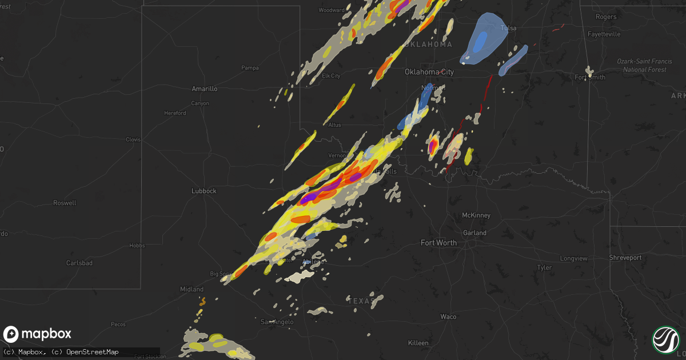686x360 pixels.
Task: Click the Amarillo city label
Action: click(x=204, y=89)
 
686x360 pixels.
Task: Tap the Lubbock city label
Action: click(x=204, y=191)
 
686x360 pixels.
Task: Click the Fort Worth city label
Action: click(x=438, y=243)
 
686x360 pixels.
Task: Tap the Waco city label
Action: click(x=448, y=317)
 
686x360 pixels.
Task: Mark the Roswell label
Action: click(x=64, y=203)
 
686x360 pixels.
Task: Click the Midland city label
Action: click(x=192, y=290)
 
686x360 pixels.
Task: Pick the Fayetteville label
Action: click(x=604, y=34)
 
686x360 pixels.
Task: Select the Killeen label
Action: click(x=418, y=343)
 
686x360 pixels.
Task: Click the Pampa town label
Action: click(x=250, y=67)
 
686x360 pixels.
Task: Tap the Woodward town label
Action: click(x=331, y=10)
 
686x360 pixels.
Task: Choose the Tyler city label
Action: click(x=544, y=267)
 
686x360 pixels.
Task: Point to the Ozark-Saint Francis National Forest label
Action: click(x=641, y=65)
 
